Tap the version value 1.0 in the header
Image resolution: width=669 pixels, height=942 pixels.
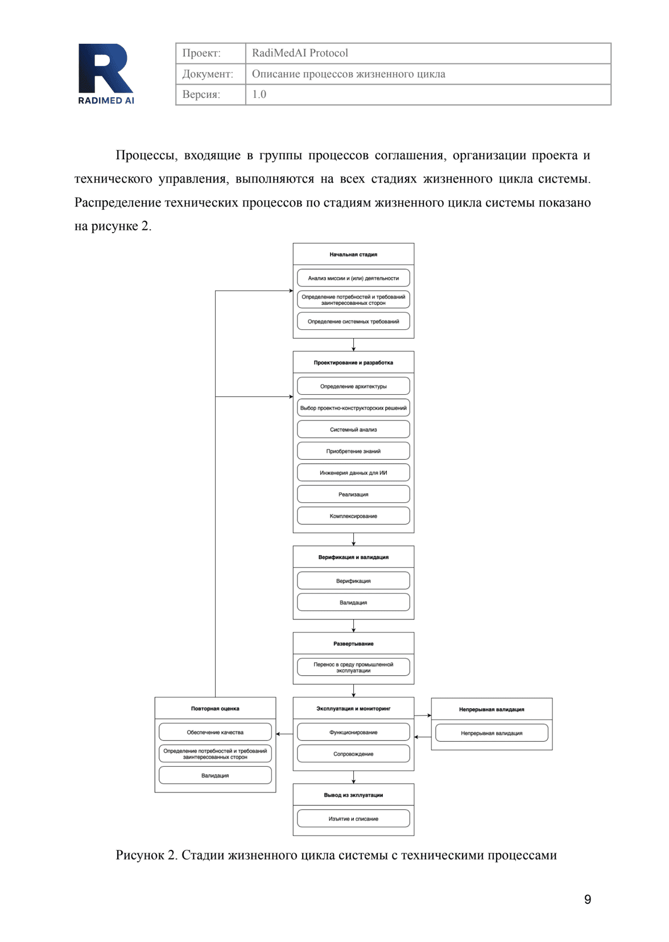coord(259,94)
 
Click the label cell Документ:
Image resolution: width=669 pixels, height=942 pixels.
coord(208,74)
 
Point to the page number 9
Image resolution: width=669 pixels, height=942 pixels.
coord(587,899)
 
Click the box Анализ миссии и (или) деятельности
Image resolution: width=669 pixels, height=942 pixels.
coord(353,278)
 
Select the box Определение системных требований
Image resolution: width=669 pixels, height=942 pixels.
coord(353,321)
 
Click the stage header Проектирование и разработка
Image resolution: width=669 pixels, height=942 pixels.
coord(353,362)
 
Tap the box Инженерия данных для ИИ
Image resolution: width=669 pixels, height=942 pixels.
coord(353,473)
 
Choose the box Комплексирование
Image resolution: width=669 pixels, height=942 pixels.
coord(353,516)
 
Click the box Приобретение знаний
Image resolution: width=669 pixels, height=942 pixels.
coord(353,451)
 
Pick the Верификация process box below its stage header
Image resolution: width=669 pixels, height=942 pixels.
coord(353,581)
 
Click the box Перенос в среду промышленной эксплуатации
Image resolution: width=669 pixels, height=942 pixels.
coord(353,667)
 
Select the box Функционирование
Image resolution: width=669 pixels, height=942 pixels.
coord(353,732)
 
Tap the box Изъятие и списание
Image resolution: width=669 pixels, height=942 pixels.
coord(353,819)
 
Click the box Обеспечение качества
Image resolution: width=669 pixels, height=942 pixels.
coord(215,732)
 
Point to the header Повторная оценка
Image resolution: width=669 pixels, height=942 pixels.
coord(215,709)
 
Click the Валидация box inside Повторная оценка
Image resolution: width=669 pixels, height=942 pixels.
coord(215,775)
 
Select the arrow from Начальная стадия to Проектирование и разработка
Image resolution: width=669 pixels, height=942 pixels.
coord(353,345)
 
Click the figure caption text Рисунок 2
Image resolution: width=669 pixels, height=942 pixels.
coord(336,855)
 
